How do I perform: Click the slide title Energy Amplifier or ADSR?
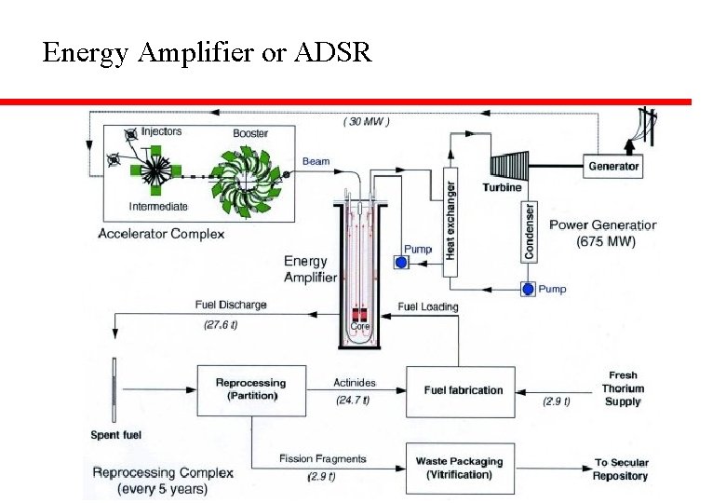207,53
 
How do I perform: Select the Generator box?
613,166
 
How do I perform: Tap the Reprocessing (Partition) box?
250,389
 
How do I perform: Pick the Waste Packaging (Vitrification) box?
460,468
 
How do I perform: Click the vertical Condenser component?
530,231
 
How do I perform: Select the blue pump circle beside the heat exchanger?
402,264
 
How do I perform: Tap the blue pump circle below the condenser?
528,290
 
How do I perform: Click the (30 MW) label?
367,121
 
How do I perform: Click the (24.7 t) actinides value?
353,401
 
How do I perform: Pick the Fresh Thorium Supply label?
623,388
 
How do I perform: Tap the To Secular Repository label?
621,469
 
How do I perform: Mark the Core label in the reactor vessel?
359,327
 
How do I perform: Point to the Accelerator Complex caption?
161,233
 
